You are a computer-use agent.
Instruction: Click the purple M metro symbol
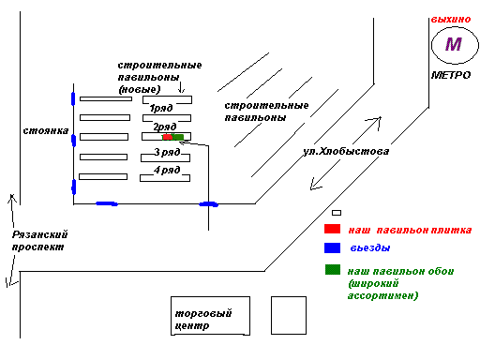click(x=454, y=44)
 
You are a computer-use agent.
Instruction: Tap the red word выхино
click(x=451, y=20)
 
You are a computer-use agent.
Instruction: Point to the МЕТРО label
click(x=451, y=75)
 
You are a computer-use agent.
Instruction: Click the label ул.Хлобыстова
click(x=346, y=151)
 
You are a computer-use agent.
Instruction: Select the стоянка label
click(x=46, y=130)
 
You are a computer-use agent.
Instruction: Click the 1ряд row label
click(x=161, y=108)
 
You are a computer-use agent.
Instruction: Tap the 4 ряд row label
click(x=167, y=170)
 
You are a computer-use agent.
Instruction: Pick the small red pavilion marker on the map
click(x=168, y=137)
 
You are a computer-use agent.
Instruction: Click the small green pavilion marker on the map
click(x=178, y=137)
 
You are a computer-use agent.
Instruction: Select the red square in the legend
click(x=332, y=229)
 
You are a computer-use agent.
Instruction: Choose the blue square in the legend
click(x=332, y=247)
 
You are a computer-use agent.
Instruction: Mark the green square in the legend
click(x=333, y=270)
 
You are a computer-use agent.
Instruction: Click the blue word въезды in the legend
click(x=370, y=248)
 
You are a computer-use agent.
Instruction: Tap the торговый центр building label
click(x=203, y=319)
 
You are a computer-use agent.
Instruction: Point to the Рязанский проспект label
click(x=39, y=241)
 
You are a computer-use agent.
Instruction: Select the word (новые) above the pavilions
click(x=140, y=89)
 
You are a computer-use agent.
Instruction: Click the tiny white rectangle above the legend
click(x=337, y=213)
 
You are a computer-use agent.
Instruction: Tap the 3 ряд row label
click(x=167, y=152)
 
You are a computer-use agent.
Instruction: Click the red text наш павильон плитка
click(x=410, y=231)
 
